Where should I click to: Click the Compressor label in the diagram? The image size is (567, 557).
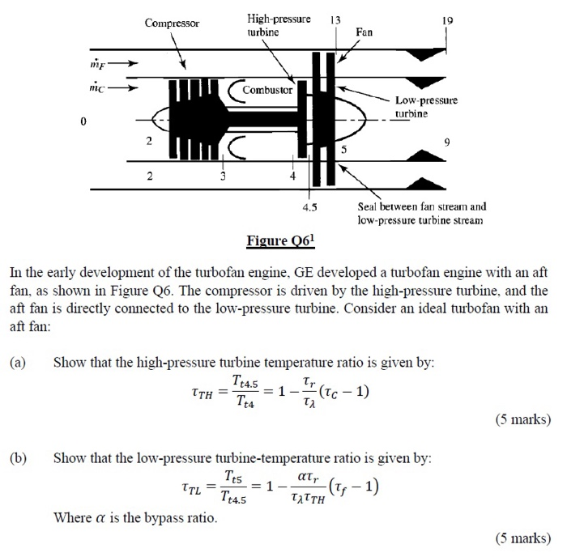(172, 23)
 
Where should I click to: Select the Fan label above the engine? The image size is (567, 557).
(364, 32)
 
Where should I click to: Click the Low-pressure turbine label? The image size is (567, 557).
(426, 108)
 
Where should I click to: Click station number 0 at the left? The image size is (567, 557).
(82, 121)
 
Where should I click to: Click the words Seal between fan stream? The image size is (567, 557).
(417, 206)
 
